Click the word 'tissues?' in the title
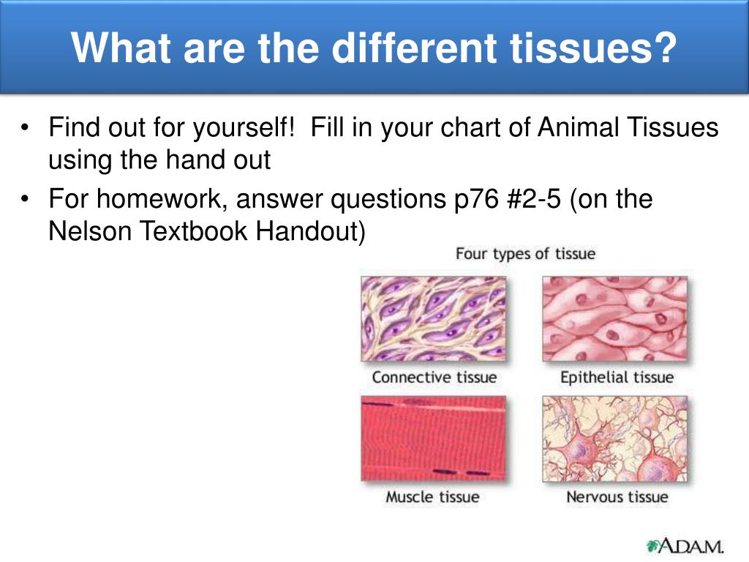tap(592, 48)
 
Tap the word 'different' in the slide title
tap(414, 48)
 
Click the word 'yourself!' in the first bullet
tap(243, 128)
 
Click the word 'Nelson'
tap(90, 231)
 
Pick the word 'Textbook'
tap(193, 231)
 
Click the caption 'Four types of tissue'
tap(525, 253)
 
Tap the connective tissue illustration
tap(433, 319)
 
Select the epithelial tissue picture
tap(614, 319)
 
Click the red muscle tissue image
tap(433, 438)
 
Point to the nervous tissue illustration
tap(614, 438)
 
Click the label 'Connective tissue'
tap(434, 377)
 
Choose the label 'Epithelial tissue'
tap(617, 378)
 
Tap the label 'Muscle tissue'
tap(432, 497)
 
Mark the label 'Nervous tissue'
tap(617, 497)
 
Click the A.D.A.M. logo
tap(685, 546)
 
